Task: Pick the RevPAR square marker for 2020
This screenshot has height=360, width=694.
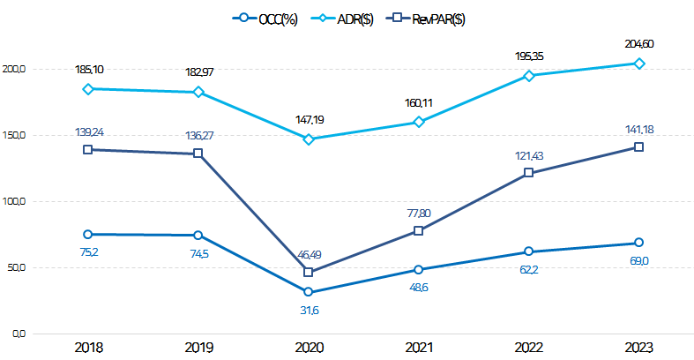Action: (309, 272)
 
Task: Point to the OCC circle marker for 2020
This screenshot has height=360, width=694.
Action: (309, 292)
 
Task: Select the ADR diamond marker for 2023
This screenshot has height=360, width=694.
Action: (639, 64)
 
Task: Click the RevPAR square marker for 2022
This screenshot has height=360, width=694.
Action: (529, 173)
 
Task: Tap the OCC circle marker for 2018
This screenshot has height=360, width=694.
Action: (88, 234)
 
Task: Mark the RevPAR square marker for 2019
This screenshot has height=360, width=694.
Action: (198, 154)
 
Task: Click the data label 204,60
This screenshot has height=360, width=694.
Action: (639, 44)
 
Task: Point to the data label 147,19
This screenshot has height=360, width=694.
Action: (309, 118)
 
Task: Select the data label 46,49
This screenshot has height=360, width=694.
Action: (309, 254)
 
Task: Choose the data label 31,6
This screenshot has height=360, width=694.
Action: (309, 310)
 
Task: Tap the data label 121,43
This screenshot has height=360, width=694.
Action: (529, 155)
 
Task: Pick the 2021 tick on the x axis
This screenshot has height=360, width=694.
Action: (419, 349)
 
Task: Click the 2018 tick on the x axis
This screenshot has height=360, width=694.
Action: (88, 349)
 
